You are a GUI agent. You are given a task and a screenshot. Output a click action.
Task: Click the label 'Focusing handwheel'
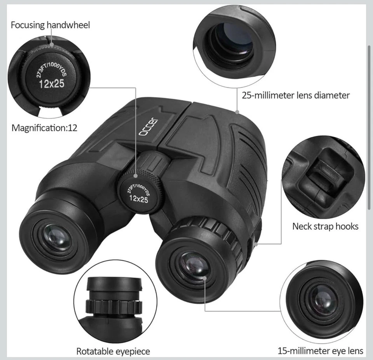pos(50,25)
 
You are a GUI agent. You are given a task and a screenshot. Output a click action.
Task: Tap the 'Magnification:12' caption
pos(44,128)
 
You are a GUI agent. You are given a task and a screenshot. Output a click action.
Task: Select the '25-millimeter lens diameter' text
pos(296,95)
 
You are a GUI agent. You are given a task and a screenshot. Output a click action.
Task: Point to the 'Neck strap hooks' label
pos(325,226)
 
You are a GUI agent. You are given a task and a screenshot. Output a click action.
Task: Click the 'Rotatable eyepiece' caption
pos(113,351)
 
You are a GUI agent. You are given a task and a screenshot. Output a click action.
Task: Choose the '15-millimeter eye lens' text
pos(320,351)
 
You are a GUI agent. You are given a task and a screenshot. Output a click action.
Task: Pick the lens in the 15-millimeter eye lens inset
pos(322,299)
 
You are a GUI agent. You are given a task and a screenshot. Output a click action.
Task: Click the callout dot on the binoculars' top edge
pos(237,112)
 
